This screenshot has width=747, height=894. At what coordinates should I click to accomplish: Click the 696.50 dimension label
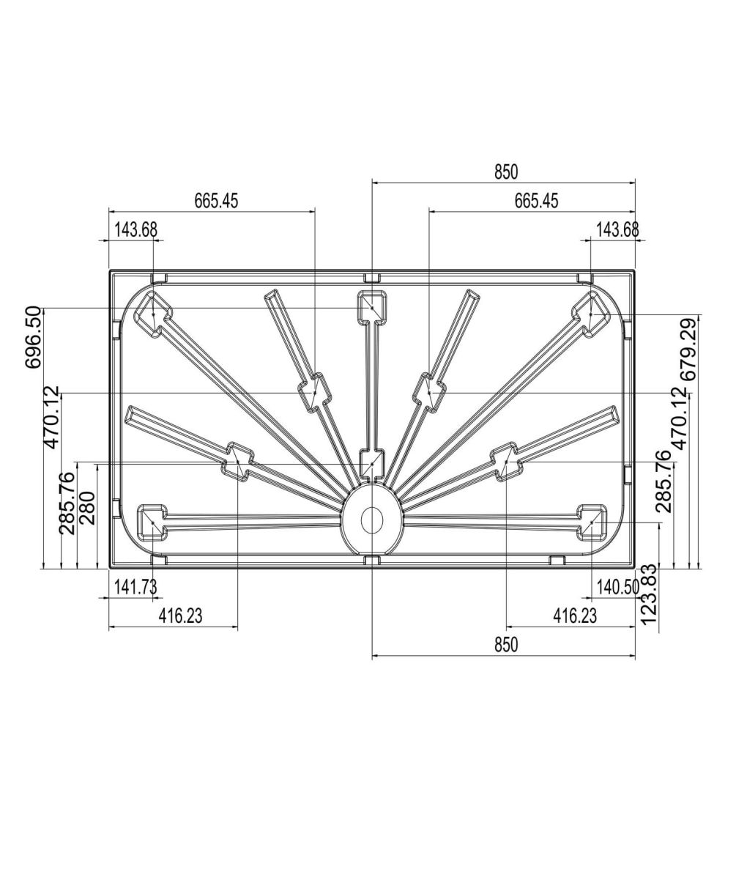34,337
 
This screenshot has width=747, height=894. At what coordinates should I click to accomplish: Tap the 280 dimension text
87,508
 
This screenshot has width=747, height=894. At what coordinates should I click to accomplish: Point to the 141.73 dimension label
135,586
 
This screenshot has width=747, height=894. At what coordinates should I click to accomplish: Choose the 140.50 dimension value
618,586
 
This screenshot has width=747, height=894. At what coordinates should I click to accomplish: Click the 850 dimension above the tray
506,172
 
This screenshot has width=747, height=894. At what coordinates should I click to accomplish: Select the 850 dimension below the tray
506,644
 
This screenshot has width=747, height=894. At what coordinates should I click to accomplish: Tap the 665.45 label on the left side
217,201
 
